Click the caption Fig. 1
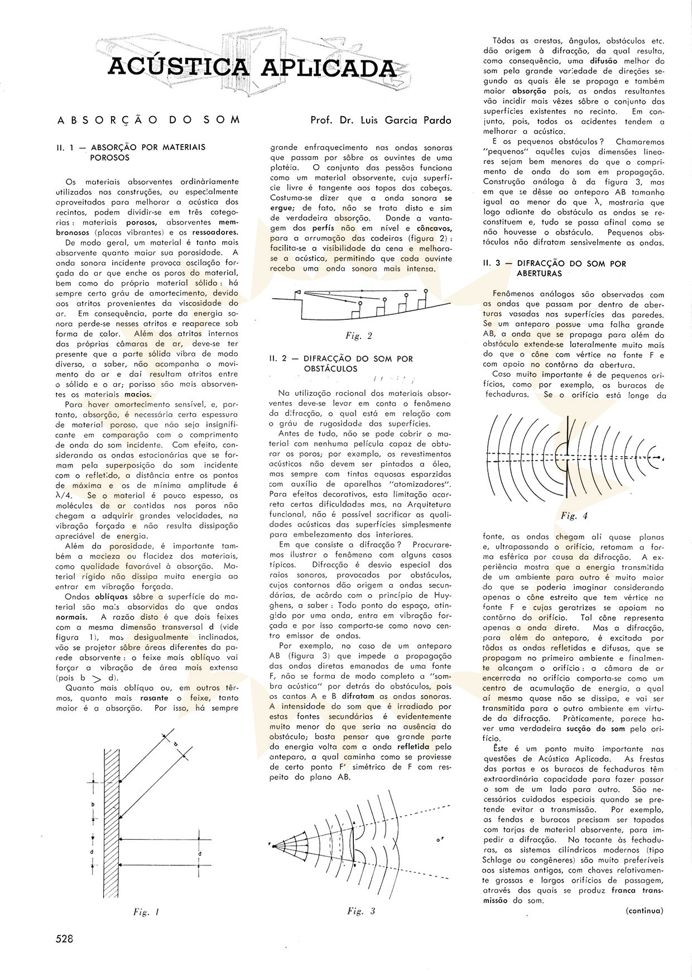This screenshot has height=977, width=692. click(x=147, y=913)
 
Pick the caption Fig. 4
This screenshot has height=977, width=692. click(x=575, y=515)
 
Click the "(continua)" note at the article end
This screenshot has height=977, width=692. click(x=644, y=911)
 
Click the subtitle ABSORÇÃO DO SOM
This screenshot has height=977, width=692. click(x=148, y=120)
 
